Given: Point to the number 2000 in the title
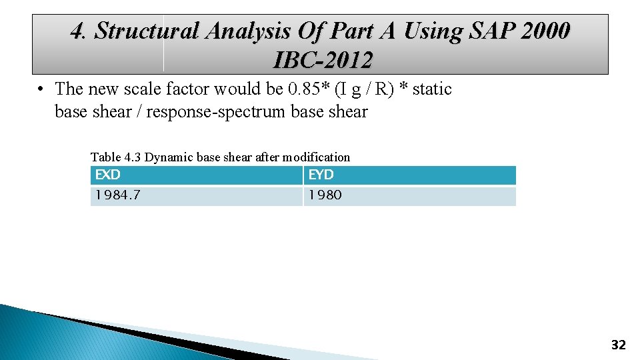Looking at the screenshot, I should pos(543,31).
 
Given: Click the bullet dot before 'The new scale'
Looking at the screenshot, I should pos(41,89).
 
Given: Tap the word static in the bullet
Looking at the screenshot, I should pos(431,89).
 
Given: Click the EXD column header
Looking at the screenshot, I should pos(108,175).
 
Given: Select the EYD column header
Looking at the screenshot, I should pos(321,175).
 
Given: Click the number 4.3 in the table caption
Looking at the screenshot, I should pos(132,157).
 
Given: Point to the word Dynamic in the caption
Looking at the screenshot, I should pos(165,157).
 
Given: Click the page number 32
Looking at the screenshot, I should pos(618,345).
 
